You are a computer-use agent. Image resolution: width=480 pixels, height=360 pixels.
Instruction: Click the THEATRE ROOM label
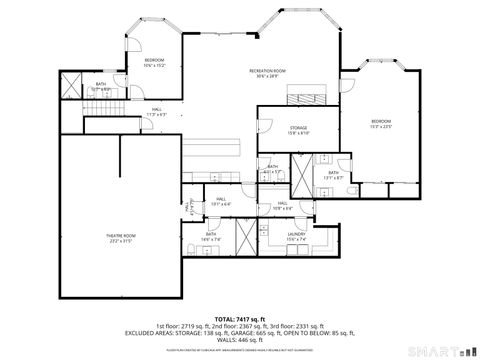[121, 238]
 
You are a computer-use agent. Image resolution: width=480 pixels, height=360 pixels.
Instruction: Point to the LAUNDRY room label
[295, 236]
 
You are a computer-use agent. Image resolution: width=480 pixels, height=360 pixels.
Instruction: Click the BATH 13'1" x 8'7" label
[334, 174]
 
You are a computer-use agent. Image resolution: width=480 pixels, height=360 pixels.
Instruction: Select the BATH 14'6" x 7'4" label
[211, 237]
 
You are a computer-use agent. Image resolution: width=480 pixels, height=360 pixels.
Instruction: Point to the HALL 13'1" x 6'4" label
[222, 201]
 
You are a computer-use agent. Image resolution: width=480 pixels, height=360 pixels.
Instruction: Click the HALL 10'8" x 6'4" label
[283, 205]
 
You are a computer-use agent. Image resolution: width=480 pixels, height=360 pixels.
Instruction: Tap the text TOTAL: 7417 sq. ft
[239, 316]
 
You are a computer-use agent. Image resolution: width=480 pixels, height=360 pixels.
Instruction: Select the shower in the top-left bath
[71, 88]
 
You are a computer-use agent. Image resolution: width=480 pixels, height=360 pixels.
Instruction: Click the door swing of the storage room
[265, 128]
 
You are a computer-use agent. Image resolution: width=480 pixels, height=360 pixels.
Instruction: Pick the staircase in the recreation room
[300, 97]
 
